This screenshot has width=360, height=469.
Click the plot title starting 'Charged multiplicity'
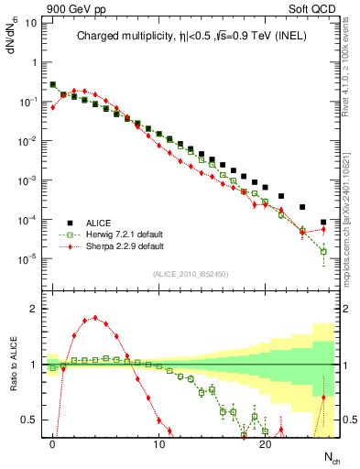(x=191, y=37)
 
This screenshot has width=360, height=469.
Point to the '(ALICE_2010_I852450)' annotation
(x=190, y=273)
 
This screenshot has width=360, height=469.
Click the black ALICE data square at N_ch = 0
(x=53, y=85)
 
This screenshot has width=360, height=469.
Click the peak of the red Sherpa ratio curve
(x=95, y=318)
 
